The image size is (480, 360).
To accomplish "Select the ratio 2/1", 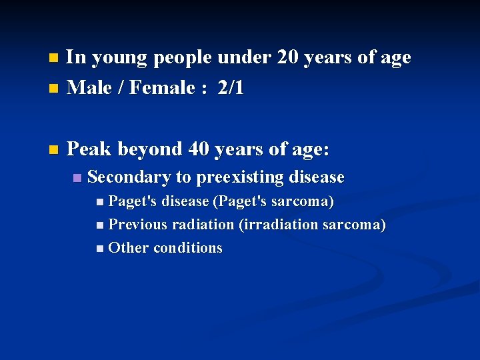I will [231, 88].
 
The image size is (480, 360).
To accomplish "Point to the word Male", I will [90, 88].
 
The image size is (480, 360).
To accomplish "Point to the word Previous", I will [138, 225].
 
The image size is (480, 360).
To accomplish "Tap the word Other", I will [128, 248].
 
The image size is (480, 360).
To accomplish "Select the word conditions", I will [188, 248].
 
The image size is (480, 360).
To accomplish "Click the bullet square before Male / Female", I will [54, 89].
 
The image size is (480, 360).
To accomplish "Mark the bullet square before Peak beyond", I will [54, 149].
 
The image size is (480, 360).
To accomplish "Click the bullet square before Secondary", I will [77, 178].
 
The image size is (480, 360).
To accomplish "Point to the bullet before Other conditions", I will [99, 249].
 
